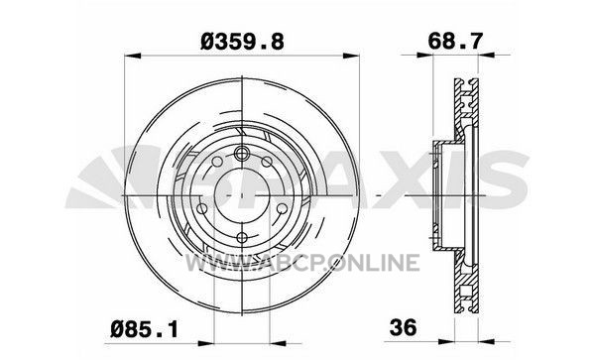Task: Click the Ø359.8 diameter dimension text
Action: coord(242,42)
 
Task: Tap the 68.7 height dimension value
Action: coord(455,41)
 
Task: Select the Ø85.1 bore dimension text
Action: coord(144,329)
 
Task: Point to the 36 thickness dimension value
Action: coord(403,327)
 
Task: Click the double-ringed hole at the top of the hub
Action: coord(241,154)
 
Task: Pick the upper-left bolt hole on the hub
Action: coord(217,162)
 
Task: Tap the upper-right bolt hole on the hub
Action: coord(267,162)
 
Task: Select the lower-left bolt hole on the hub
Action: coord(202,208)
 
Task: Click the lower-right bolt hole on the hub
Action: coord(282,208)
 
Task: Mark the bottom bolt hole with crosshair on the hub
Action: coord(242,237)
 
